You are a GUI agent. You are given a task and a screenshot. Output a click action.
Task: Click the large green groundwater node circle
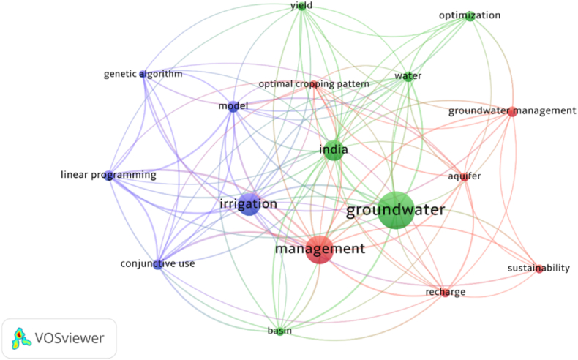pos(396,210)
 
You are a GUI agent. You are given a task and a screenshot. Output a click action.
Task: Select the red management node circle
pos(319,250)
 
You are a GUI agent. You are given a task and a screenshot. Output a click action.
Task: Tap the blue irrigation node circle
pos(249,204)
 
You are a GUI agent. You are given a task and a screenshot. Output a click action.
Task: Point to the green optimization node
pos(470,15)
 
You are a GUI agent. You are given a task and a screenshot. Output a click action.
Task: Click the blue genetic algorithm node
pos(143,74)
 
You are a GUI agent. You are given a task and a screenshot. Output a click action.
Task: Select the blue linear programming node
pos(108,175)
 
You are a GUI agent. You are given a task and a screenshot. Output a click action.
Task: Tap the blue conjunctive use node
pos(157,263)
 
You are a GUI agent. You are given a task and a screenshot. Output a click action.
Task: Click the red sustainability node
pos(539,269)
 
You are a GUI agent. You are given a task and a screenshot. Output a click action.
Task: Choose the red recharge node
pos(445,293)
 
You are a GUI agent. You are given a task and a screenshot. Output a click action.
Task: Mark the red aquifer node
pos(465,176)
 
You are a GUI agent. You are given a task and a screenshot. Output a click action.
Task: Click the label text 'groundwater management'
pos(512,110)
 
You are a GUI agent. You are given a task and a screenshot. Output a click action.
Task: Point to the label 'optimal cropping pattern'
pos(313,84)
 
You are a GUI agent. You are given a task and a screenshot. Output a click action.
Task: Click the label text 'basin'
pos(279,331)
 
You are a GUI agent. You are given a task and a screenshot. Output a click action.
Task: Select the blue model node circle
pos(233,106)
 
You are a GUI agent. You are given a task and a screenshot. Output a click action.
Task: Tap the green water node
pos(408,76)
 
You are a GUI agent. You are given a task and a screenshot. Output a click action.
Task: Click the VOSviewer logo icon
pos(22,338)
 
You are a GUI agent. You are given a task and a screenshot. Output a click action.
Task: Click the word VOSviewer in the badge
pos(70,338)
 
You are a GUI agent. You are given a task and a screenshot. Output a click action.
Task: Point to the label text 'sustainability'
pos(538,268)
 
